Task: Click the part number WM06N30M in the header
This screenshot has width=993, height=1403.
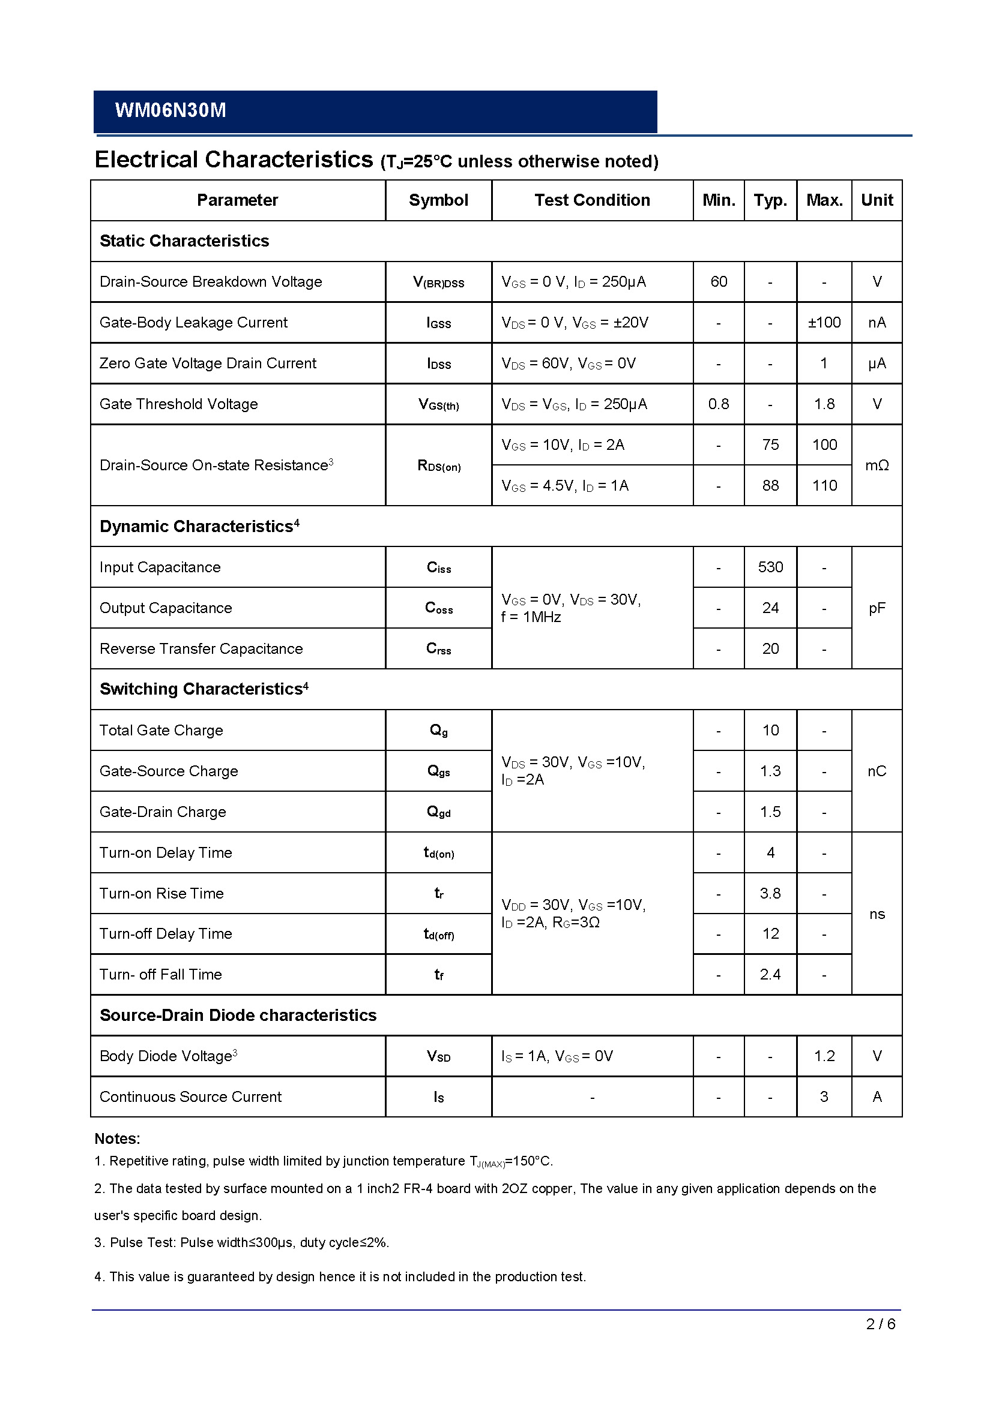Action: (x=171, y=110)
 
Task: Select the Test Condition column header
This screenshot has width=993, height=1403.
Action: (x=592, y=200)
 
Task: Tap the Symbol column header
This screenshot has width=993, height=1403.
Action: (x=438, y=200)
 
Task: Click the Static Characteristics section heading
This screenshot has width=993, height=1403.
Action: (x=184, y=241)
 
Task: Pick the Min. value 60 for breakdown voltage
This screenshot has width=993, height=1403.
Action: (x=719, y=282)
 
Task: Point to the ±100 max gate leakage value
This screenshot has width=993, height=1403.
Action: (x=824, y=322)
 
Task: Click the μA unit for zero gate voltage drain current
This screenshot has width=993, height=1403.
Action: (x=877, y=363)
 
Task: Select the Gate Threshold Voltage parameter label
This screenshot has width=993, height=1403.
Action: (x=178, y=404)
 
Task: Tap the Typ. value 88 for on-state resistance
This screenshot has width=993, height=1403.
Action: (x=770, y=485)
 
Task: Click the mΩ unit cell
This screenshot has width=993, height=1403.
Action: (x=877, y=465)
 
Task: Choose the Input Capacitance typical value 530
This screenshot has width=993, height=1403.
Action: (x=770, y=567)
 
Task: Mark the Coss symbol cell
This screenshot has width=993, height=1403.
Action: (x=438, y=608)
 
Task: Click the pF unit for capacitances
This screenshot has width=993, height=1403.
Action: (x=877, y=608)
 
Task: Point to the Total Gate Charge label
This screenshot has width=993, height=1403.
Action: (x=161, y=730)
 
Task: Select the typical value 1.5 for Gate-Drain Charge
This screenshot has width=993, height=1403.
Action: (x=770, y=812)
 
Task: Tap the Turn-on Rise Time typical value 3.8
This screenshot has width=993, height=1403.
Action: (x=770, y=893)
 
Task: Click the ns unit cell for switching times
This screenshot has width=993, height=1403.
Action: (x=877, y=914)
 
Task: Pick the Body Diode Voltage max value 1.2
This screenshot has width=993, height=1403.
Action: (x=824, y=1056)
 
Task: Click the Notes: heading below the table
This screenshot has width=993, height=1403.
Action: (x=118, y=1138)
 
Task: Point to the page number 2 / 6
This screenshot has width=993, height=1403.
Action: (x=881, y=1324)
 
